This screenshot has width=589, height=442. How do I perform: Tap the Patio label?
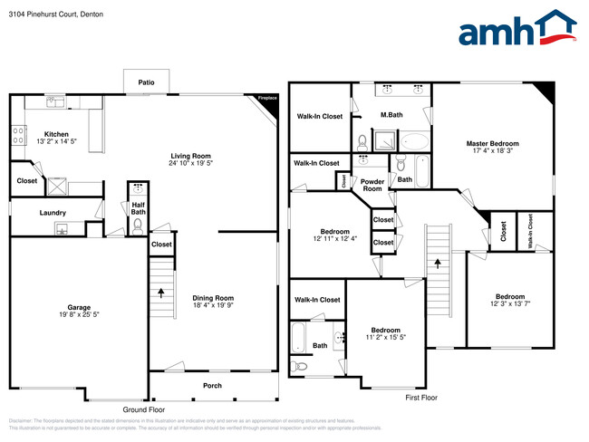[146, 82]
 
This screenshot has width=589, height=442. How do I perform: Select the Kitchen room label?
[44, 134]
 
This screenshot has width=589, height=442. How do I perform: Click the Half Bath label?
[139, 207]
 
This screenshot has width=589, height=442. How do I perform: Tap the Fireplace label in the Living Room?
[266, 97]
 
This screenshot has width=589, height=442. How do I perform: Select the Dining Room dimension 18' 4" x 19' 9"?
[213, 306]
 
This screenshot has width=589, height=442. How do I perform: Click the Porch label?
[212, 386]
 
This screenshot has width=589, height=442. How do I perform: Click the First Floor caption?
[420, 397]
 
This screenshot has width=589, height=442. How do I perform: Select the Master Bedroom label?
[493, 144]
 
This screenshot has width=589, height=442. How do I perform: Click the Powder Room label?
[372, 185]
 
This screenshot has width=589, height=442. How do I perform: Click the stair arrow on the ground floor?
[162, 293]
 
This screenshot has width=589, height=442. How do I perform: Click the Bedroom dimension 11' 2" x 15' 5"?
[385, 339]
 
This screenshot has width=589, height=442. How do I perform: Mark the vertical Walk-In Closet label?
[530, 230]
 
